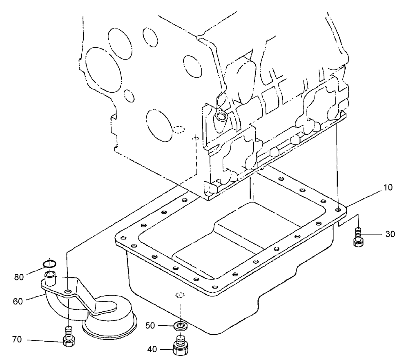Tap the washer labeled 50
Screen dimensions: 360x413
click(x=179, y=326)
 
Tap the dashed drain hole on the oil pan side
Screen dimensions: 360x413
click(x=179, y=295)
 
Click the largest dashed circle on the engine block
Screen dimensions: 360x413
click(x=98, y=64)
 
